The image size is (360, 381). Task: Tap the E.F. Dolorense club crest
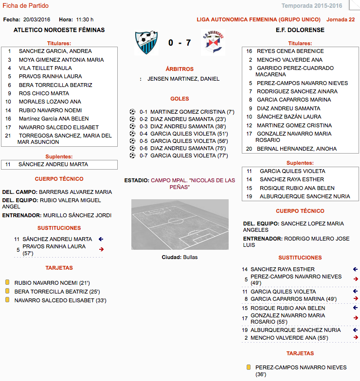click(213, 43)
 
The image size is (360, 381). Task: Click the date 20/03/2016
click(36, 19)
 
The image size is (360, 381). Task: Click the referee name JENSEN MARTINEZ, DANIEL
click(183, 79)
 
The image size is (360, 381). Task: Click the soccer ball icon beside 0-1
click(132, 112)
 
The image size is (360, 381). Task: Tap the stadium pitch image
click(180, 225)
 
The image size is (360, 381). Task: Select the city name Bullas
click(190, 257)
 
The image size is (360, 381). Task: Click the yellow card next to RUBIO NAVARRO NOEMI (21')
click(7, 282)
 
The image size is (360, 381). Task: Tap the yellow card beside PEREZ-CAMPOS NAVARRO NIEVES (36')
click(248, 368)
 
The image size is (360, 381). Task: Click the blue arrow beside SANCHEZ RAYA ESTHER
click(356, 269)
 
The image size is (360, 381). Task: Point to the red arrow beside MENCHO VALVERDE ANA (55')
click(356, 337)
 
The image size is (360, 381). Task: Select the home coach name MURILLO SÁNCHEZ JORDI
click(77, 215)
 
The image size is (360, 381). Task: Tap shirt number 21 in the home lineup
click(8, 136)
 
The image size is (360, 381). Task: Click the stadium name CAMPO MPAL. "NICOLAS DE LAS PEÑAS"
click(192, 183)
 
